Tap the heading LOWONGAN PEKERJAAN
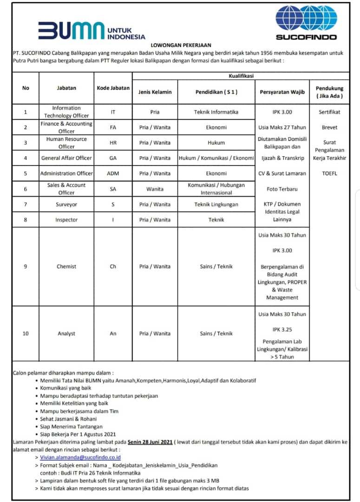181,45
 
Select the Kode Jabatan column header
113,88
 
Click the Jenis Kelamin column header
155,92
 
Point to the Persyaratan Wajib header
282,92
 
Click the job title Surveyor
66,205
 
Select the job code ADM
113,173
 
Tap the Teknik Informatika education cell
216,112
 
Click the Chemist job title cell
66,266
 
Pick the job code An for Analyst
113,333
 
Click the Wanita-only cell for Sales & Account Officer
155,189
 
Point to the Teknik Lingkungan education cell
216,205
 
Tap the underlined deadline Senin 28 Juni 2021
150,442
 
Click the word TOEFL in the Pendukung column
329,173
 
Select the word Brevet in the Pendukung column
329,127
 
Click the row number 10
26,333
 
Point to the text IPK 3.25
282,330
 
